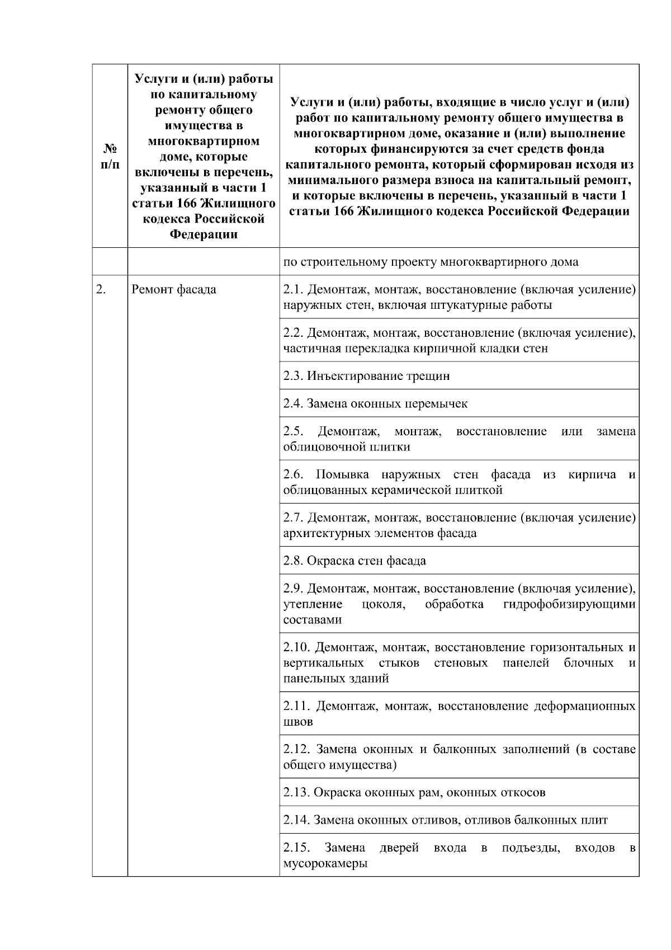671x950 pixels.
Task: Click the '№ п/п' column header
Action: tap(110, 156)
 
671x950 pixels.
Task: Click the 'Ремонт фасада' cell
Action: tap(173, 290)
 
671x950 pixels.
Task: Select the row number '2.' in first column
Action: tap(101, 290)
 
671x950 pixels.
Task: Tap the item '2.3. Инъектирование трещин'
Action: tap(366, 376)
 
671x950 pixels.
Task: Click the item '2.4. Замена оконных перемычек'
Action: tap(375, 403)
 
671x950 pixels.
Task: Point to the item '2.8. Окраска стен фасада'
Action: tap(355, 561)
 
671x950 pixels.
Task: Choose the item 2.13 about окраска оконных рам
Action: tap(414, 792)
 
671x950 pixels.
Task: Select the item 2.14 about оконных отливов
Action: tap(445, 820)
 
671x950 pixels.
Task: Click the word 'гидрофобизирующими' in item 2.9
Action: tap(569, 604)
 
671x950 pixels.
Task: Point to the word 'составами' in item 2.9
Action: tap(313, 620)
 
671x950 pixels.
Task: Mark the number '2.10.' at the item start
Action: tap(296, 648)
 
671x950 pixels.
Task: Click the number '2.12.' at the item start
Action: tap(296, 749)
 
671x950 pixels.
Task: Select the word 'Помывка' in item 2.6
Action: tap(342, 475)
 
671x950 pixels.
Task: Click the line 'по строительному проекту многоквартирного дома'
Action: tap(431, 262)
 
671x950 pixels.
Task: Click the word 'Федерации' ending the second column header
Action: tap(203, 234)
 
